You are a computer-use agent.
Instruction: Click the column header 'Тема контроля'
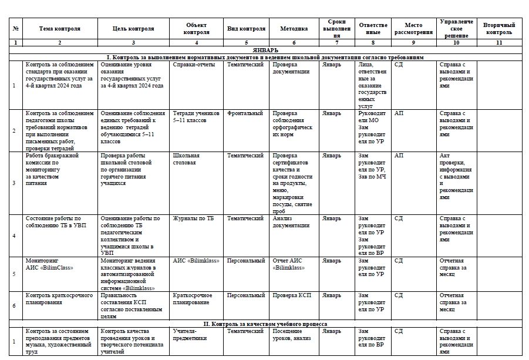tap(60, 28)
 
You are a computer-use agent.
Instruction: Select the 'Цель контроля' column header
tap(134, 28)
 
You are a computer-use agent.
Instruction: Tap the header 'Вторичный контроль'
tap(499, 28)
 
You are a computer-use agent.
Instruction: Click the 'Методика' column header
tap(294, 28)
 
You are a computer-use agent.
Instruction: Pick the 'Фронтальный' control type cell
tap(245, 113)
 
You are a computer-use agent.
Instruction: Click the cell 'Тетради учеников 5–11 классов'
tap(196, 116)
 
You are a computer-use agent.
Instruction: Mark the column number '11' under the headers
tap(499, 43)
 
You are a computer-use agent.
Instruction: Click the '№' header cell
tap(15, 28)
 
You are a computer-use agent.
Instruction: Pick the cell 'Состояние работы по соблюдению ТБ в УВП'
tap(56, 222)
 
